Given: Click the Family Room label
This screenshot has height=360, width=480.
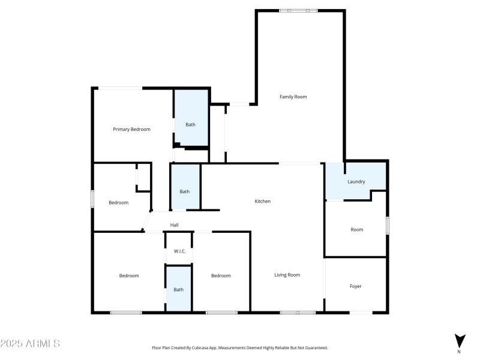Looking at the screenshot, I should pos(293,97).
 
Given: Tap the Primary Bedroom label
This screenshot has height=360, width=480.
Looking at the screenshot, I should pos(131,129).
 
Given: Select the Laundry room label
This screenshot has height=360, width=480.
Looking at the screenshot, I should pos(356,182).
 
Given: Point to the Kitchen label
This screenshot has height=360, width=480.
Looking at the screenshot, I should pos(263,201).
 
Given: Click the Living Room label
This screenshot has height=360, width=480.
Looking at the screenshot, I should pos(287,275).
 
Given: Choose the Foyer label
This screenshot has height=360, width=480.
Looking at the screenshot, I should pos(356,286).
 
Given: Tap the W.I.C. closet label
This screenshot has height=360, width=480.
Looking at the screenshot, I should pos(179,251).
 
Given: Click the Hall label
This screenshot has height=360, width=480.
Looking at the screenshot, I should pos(174,225).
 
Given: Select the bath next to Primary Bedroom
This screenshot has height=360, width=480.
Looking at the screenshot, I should pos(190,125).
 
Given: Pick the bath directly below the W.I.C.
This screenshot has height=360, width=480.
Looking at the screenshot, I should pos(179,289).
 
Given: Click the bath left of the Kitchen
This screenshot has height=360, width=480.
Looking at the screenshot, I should pos(185,191).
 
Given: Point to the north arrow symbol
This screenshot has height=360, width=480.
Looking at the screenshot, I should pos(459,340).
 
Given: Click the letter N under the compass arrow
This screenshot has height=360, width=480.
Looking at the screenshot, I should pos(459,352).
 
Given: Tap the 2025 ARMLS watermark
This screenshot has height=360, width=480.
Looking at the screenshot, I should pos(30,344).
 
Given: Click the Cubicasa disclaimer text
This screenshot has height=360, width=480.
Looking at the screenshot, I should pos(240,347).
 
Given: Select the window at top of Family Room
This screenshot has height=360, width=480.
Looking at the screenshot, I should pos(298,10).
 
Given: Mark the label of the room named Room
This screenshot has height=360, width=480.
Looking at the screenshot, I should pos(357,229).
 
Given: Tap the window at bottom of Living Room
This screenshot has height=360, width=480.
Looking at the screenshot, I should pos(298,312).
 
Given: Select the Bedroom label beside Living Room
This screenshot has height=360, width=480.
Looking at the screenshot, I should pos(221,275).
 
